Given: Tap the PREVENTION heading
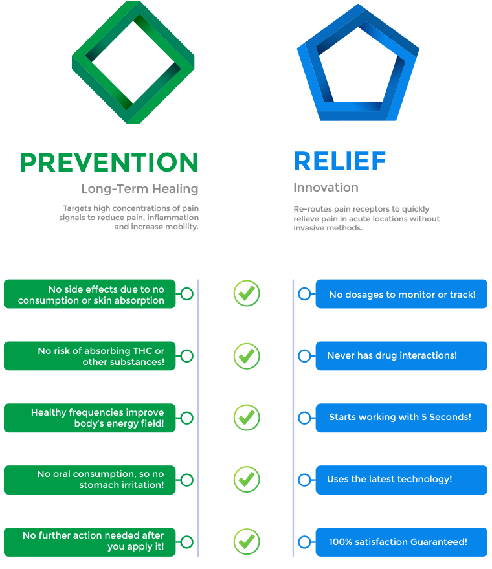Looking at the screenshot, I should (x=109, y=162).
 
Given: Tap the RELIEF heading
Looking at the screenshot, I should (x=340, y=162).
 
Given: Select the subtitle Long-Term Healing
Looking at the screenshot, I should (x=139, y=189).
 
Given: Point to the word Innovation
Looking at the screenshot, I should (x=326, y=188).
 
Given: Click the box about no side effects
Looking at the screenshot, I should (x=90, y=295).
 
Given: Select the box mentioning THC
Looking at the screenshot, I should (x=90, y=356).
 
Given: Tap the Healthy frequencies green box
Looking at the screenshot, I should (x=90, y=418).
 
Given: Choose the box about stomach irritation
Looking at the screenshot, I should (x=90, y=480).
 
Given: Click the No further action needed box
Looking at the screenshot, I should (x=90, y=541).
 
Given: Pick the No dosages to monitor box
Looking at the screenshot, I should (x=401, y=295).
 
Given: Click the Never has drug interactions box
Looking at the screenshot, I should (x=401, y=356).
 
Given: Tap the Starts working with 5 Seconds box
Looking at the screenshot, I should (x=401, y=418).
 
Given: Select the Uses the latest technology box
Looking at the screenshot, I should (x=401, y=480).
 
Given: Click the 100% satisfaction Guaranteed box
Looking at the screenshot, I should (x=401, y=541).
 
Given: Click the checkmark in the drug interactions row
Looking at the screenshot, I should (x=246, y=355).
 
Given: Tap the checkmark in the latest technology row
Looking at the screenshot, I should (x=246, y=479).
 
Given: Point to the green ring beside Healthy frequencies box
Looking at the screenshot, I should (x=186, y=418).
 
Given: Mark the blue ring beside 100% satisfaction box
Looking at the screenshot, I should (x=304, y=542).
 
